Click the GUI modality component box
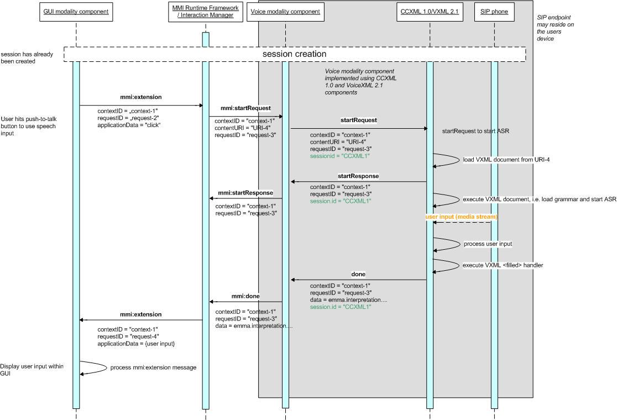click(76, 12)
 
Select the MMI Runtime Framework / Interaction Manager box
click(206, 12)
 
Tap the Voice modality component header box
click(285, 12)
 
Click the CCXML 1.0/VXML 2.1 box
click(430, 12)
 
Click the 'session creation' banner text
click(294, 54)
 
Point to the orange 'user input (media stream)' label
click(461, 217)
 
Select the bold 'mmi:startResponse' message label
click(245, 193)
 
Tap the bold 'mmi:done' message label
click(245, 296)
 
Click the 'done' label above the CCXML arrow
click(358, 274)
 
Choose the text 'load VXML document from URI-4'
click(506, 160)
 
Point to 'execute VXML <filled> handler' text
click(503, 265)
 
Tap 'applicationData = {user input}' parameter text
click(136, 344)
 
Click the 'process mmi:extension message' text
click(153, 368)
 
